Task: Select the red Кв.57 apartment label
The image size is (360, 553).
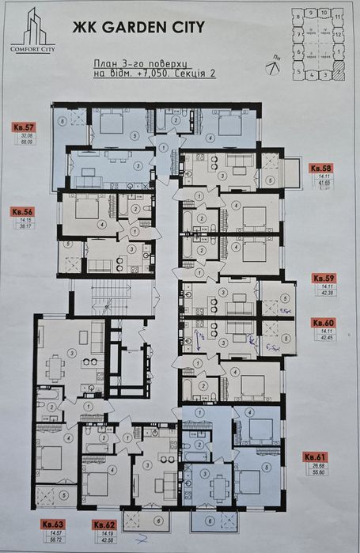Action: coord(24,127)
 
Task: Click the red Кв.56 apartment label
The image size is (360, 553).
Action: coord(23,212)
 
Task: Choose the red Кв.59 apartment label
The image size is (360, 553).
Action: coord(324,278)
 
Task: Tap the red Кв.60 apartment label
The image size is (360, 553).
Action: coord(323,323)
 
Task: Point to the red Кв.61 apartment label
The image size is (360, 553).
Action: coord(318,457)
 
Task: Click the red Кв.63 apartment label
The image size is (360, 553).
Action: coord(54,524)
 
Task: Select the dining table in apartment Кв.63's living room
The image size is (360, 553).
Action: coord(54,366)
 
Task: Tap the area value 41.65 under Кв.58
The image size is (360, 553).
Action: coord(320,184)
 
